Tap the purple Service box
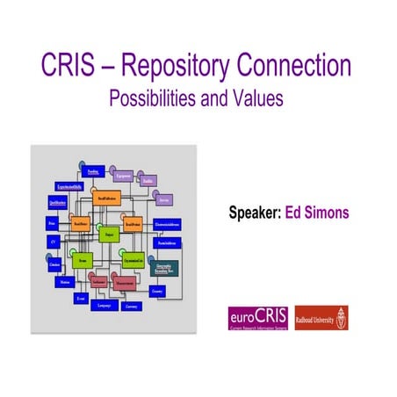[x=163, y=199]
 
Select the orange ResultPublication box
[x=107, y=198]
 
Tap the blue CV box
[x=53, y=243]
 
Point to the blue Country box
[x=157, y=291]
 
